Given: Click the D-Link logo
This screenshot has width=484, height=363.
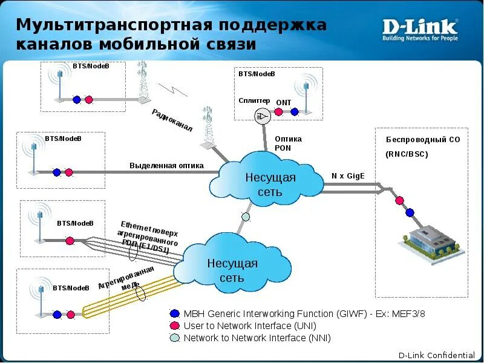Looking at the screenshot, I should tap(420, 29).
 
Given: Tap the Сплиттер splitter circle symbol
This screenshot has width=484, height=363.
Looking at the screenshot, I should tap(262, 116).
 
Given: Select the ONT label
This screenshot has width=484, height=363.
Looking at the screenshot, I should tap(284, 103).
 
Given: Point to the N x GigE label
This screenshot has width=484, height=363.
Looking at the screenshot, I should tap(348, 176).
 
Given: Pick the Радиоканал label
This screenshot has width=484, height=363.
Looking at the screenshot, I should tap(172, 120).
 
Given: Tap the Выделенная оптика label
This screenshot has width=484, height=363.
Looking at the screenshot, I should tap(166, 165).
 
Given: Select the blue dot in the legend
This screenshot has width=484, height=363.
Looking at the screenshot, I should tap(175, 313).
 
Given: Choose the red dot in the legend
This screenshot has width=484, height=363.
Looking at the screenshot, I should tap(175, 326).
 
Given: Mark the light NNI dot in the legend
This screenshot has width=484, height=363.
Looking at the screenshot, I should tap(175, 338).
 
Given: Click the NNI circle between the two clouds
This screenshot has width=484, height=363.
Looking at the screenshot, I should tap(246, 216).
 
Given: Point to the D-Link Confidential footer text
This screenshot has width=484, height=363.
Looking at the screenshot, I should tap(436, 355).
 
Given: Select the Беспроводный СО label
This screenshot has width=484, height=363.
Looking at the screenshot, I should tap(423, 139).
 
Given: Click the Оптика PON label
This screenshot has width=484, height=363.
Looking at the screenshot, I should tap(288, 143).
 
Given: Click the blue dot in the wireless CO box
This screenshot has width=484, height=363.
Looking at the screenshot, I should tap(410, 212).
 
